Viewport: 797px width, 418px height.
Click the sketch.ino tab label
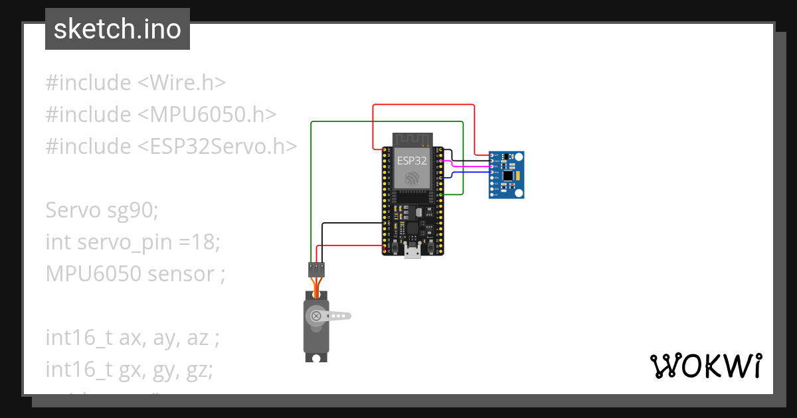[118, 29]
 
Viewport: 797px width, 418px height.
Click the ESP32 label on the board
[412, 161]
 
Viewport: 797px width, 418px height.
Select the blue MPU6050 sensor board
[507, 174]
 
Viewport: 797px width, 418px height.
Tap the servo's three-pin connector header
[316, 269]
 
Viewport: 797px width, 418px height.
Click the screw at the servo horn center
[317, 316]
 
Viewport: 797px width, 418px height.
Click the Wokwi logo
[705, 366]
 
